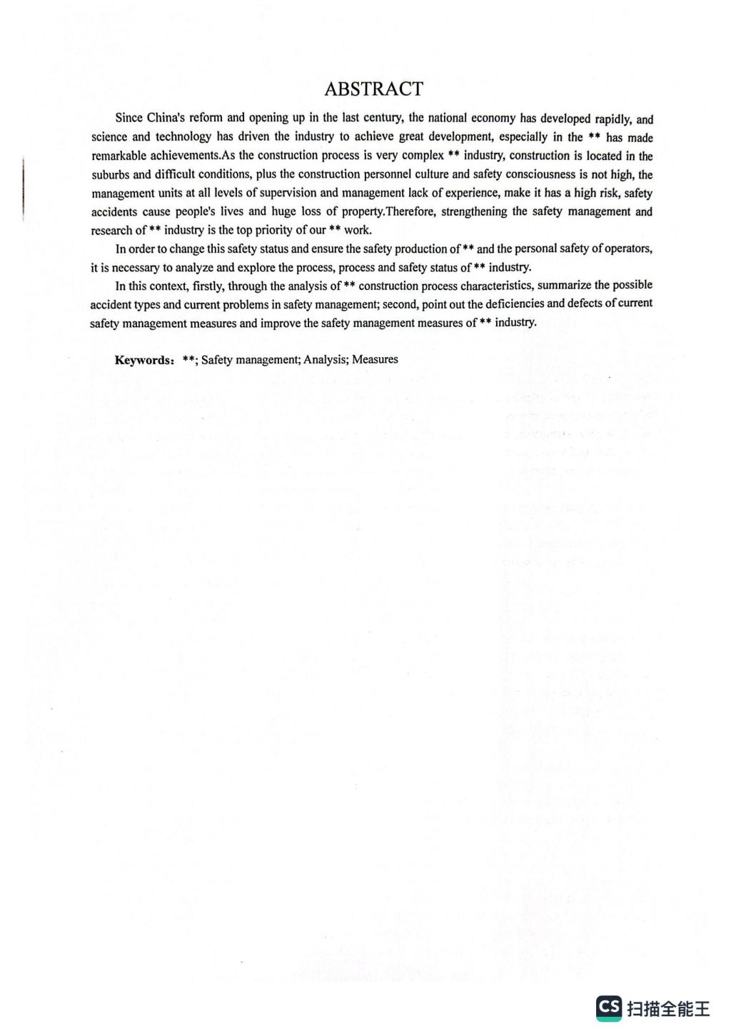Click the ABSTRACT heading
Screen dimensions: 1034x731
click(x=373, y=89)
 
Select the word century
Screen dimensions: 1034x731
click(x=384, y=118)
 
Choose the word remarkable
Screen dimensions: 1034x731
click(x=119, y=155)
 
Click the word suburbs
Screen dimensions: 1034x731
click(x=111, y=174)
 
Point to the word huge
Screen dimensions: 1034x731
click(x=283, y=211)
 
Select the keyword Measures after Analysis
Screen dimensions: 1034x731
click(x=375, y=359)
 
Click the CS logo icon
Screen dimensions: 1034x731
click(x=609, y=1008)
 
